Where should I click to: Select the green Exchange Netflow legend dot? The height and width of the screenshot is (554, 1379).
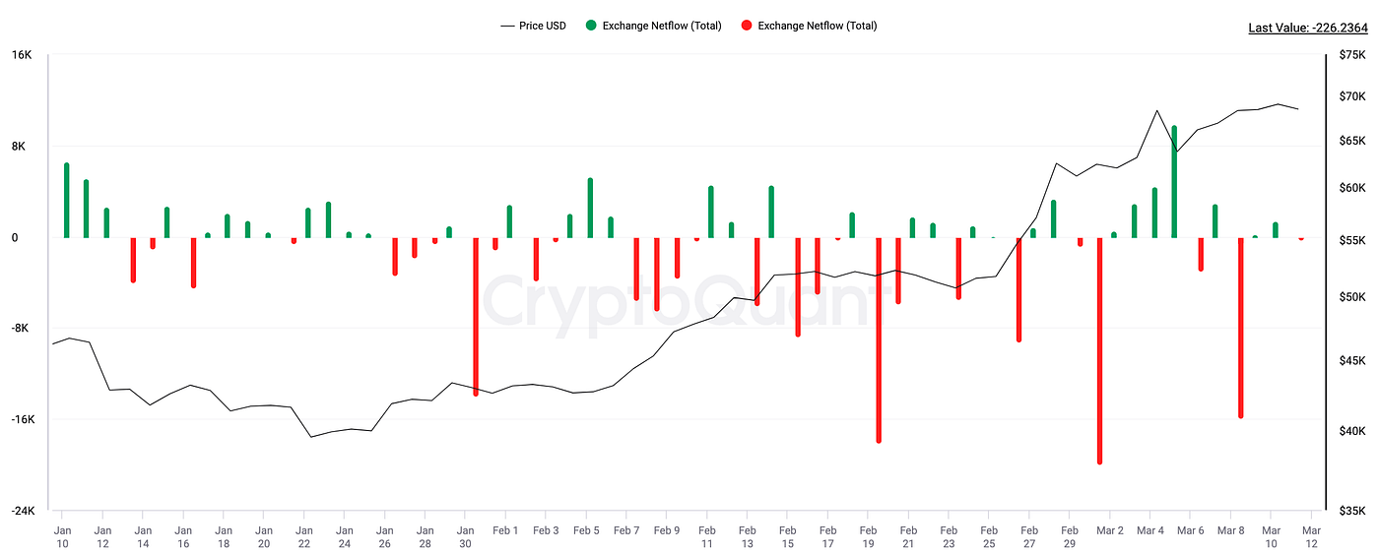pyautogui.click(x=591, y=26)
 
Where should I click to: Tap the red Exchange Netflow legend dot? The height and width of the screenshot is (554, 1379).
pyautogui.click(x=747, y=26)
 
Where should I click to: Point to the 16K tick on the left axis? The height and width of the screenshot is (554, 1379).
pyautogui.click(x=22, y=55)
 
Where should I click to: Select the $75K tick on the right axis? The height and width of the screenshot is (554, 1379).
pyautogui.click(x=1351, y=55)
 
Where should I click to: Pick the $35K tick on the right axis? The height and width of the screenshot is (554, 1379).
pyautogui.click(x=1351, y=511)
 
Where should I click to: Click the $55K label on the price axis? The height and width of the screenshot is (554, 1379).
pyautogui.click(x=1351, y=241)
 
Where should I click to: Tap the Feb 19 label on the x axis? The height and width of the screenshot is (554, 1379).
pyautogui.click(x=868, y=536)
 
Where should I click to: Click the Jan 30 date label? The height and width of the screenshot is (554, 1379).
pyautogui.click(x=465, y=536)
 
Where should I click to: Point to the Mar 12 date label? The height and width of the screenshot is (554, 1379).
pyautogui.click(x=1311, y=536)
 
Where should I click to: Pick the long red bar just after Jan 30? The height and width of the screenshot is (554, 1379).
pyautogui.click(x=476, y=315)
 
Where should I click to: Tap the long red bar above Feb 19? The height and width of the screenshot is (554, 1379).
pyautogui.click(x=879, y=339)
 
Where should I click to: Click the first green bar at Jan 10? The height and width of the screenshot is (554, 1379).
pyautogui.click(x=66, y=201)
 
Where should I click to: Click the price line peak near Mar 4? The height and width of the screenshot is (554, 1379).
pyautogui.click(x=1156, y=111)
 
